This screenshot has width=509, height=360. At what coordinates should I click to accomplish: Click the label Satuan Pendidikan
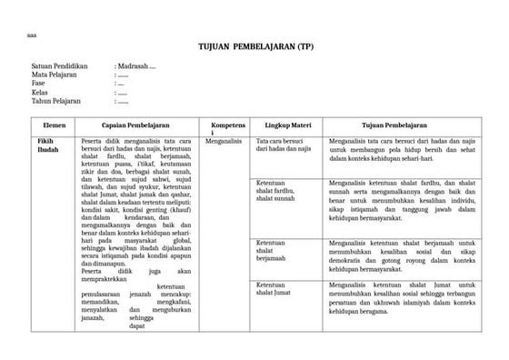pyautogui.click(x=58, y=66)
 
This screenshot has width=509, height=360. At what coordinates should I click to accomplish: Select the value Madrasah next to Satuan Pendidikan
pyautogui.click(x=137, y=66)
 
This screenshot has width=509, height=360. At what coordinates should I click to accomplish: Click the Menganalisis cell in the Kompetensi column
pyautogui.click(x=224, y=142)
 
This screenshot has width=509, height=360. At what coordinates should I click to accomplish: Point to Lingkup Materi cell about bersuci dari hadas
pyautogui.click(x=284, y=145)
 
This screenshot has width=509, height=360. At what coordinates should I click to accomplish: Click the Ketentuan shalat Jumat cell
pyautogui.click(x=277, y=264)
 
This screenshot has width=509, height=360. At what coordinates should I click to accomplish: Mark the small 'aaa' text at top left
pyautogui.click(x=32, y=35)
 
